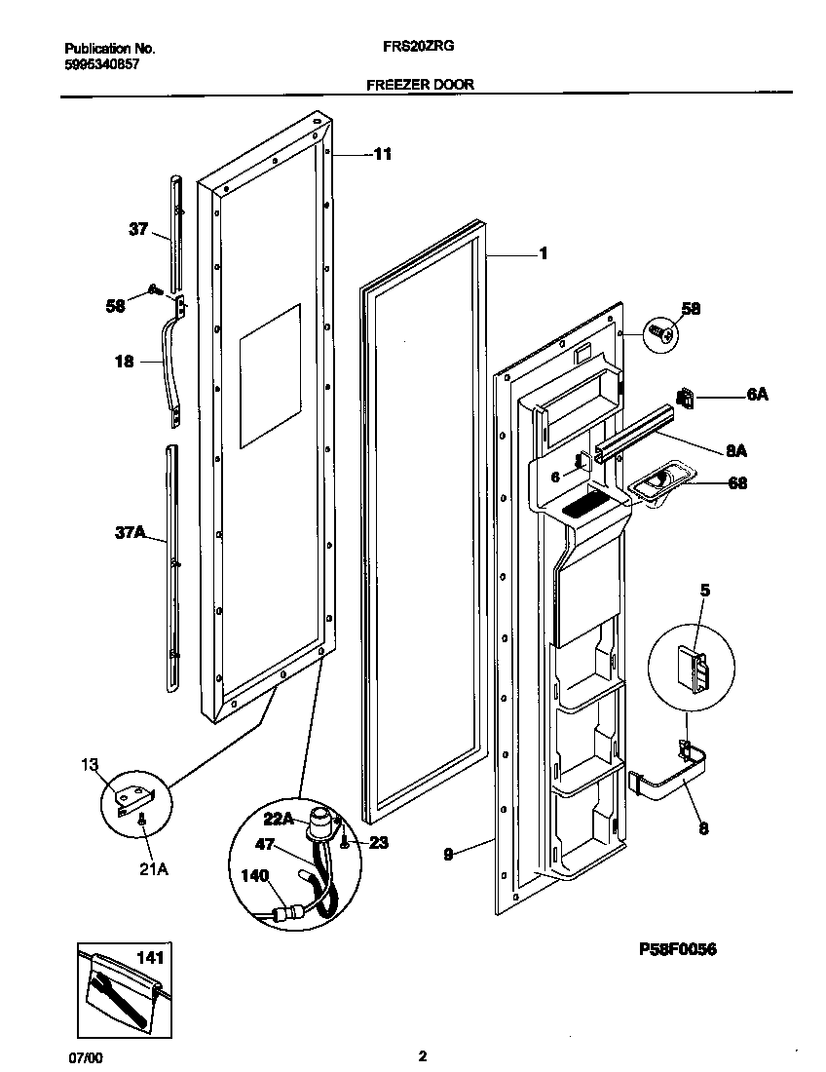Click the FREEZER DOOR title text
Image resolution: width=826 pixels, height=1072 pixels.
click(420, 85)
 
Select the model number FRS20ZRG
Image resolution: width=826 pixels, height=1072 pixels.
click(422, 46)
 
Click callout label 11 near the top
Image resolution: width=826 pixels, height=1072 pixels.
click(383, 154)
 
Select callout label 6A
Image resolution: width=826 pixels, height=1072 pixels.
click(758, 396)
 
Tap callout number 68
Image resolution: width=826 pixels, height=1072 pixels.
click(737, 482)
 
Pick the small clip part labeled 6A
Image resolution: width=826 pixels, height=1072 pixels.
click(686, 398)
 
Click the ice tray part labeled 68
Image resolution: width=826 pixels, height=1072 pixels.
click(660, 480)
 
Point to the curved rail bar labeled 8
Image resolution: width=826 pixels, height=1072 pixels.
click(672, 779)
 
